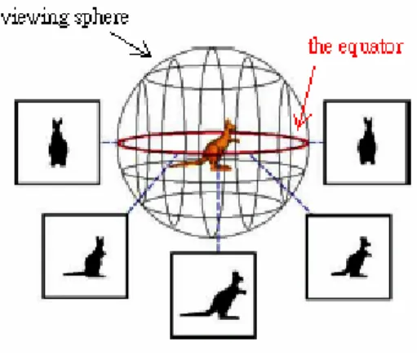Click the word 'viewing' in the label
point(34,18)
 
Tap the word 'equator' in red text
point(370,47)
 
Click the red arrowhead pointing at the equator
point(301,122)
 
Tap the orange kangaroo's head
point(230,126)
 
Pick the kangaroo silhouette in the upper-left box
point(58,142)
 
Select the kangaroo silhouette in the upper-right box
point(367,141)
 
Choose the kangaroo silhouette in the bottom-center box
point(214,296)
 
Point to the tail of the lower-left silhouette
point(74,273)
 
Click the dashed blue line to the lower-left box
point(153,184)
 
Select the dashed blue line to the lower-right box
point(280,183)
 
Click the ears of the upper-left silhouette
point(58,122)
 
